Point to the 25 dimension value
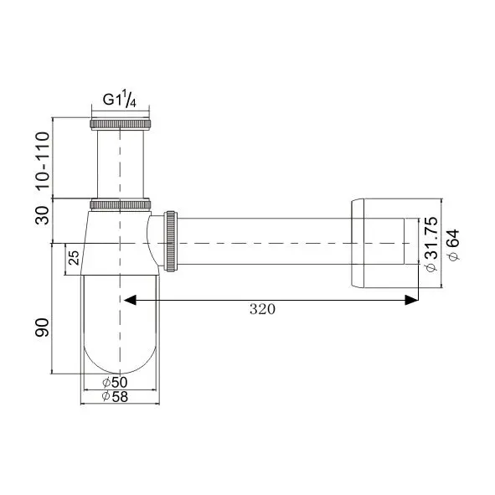74,258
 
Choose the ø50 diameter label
119,383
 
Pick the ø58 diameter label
119,396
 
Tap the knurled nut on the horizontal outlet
173,242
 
